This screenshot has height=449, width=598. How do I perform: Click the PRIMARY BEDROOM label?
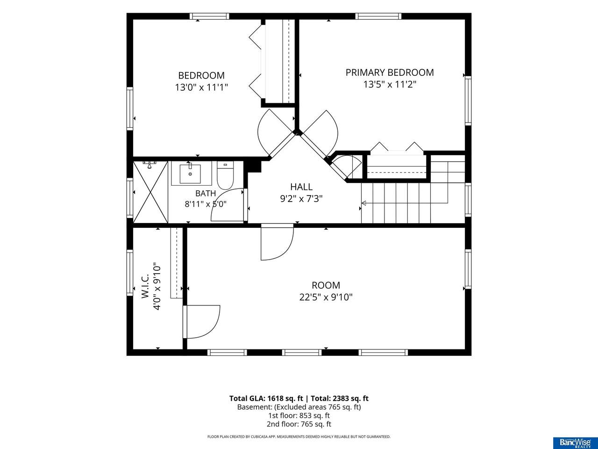pos(390,72)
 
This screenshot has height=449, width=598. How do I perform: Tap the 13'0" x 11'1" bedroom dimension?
pos(201,87)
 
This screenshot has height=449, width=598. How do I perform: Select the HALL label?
pos(301,187)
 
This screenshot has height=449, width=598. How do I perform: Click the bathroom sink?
pos(190,174)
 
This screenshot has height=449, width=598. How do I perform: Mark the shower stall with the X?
pos(150,192)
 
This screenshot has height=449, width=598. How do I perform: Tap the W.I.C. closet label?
pos(145,286)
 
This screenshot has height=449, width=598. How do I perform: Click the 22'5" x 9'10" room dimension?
pos(326,297)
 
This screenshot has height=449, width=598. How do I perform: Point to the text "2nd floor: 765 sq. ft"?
pos(299,424)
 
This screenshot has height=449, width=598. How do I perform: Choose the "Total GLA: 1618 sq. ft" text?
pos(266,398)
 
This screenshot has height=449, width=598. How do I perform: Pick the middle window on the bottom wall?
pos(302,353)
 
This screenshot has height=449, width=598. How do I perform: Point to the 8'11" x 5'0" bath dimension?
pos(206,204)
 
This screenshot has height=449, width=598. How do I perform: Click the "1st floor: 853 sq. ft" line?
pos(299,415)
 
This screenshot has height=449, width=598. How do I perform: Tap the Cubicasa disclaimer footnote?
pos(299,437)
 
